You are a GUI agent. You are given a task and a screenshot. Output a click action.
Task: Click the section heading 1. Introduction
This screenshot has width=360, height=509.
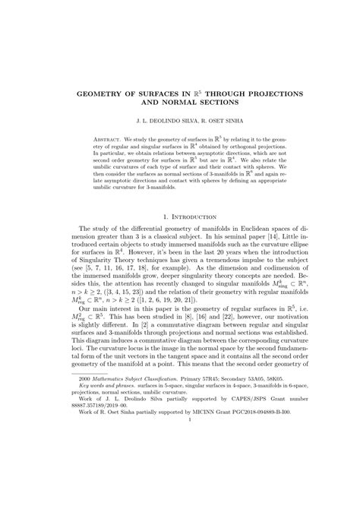click(180, 217)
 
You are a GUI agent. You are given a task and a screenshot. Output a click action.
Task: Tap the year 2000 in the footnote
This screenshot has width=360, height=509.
click(89, 441)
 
